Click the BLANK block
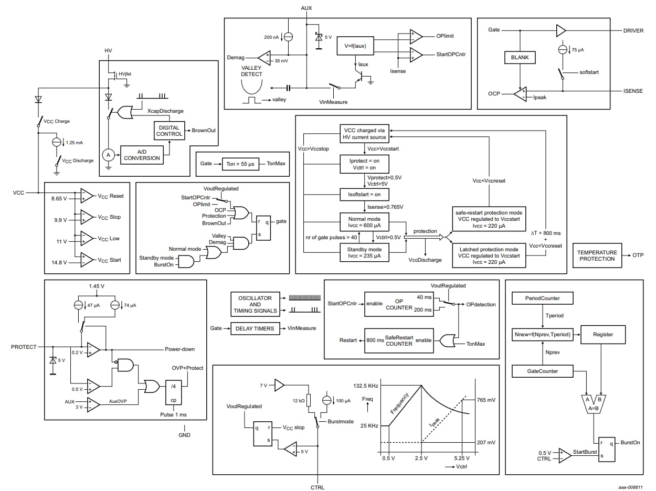click(x=520, y=57)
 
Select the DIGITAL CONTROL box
click(x=169, y=131)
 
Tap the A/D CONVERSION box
click(x=141, y=155)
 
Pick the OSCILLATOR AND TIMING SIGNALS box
click(x=255, y=305)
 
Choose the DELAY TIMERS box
click(x=256, y=328)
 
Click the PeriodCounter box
click(x=542, y=298)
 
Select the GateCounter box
click(x=542, y=371)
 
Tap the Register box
click(x=602, y=334)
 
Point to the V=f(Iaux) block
click(x=355, y=45)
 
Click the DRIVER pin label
click(x=633, y=30)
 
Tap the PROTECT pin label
click(x=24, y=347)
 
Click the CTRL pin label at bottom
click(x=318, y=487)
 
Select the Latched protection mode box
click(x=489, y=255)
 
